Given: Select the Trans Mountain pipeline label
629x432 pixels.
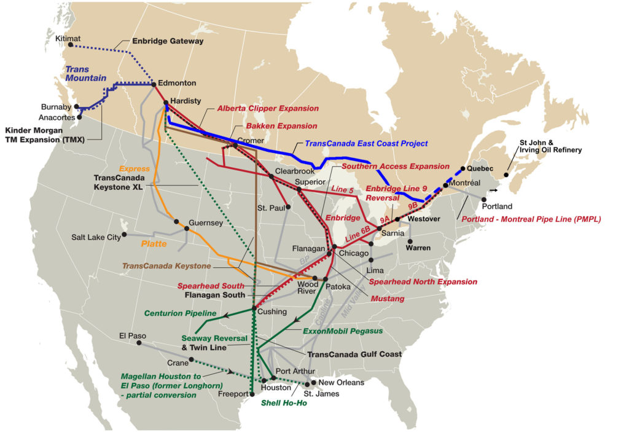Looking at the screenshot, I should coord(86,74).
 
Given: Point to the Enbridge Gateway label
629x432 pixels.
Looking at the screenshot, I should coord(168,41).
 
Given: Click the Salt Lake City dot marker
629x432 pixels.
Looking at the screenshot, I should coord(125,234).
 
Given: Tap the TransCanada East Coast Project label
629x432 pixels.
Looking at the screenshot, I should coord(366,144).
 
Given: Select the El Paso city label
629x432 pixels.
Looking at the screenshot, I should coord(132,336).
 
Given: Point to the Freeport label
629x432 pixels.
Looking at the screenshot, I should coord(233,394).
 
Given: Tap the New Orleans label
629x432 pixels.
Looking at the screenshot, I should coord(342,382).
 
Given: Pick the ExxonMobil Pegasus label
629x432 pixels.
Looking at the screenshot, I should coord(343,331).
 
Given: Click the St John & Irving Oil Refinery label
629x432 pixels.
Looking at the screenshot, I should coord(550,145).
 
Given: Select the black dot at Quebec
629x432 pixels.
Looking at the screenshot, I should coord(462,168).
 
